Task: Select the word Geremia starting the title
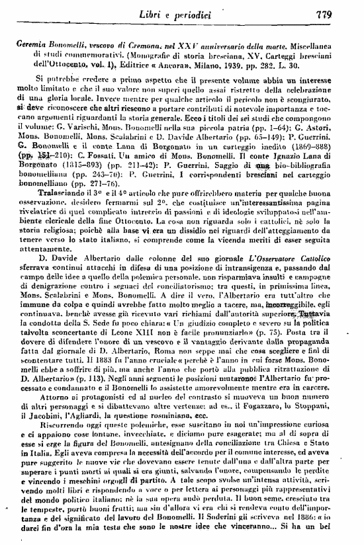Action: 36,41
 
